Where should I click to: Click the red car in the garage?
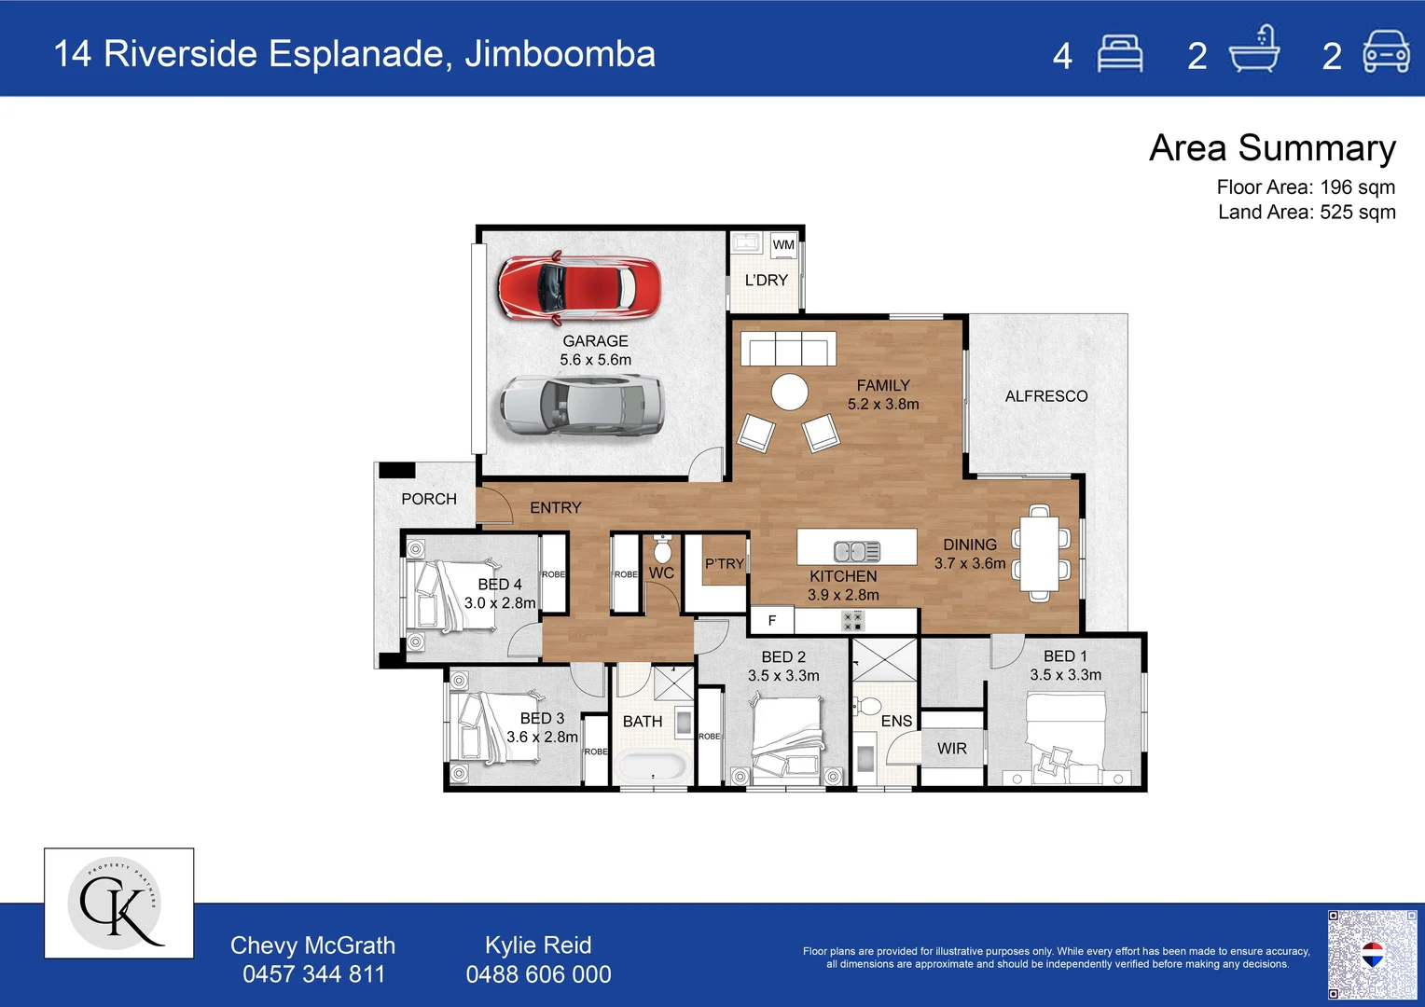[x=579, y=287]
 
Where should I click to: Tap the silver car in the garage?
[x=581, y=406]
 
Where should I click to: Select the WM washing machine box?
[x=783, y=245]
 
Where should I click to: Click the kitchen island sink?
[x=856, y=551]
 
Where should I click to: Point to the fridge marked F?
[x=771, y=620]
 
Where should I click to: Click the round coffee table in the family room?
[x=790, y=392]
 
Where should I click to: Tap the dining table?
[x=1040, y=552]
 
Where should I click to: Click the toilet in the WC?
[x=662, y=548]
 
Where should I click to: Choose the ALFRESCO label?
[x=1045, y=396]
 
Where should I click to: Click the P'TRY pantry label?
[x=724, y=563]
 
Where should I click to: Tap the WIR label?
[x=951, y=749]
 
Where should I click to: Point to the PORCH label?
[x=429, y=500]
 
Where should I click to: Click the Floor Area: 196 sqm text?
[x=1306, y=187]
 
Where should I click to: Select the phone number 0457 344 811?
[x=313, y=974]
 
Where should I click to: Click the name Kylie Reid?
[x=538, y=945]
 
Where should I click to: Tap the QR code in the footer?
[x=1372, y=955]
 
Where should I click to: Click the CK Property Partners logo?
[x=119, y=904]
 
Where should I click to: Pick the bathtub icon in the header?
[x=1254, y=49]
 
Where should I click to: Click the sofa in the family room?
[x=788, y=349]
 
